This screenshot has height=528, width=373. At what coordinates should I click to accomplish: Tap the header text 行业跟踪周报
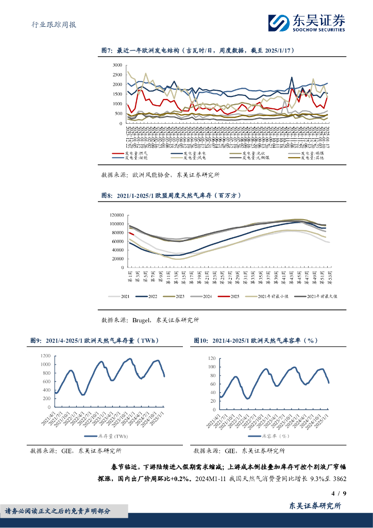[x=50, y=24]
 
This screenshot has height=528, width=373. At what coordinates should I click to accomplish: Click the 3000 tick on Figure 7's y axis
[x=117, y=65]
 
